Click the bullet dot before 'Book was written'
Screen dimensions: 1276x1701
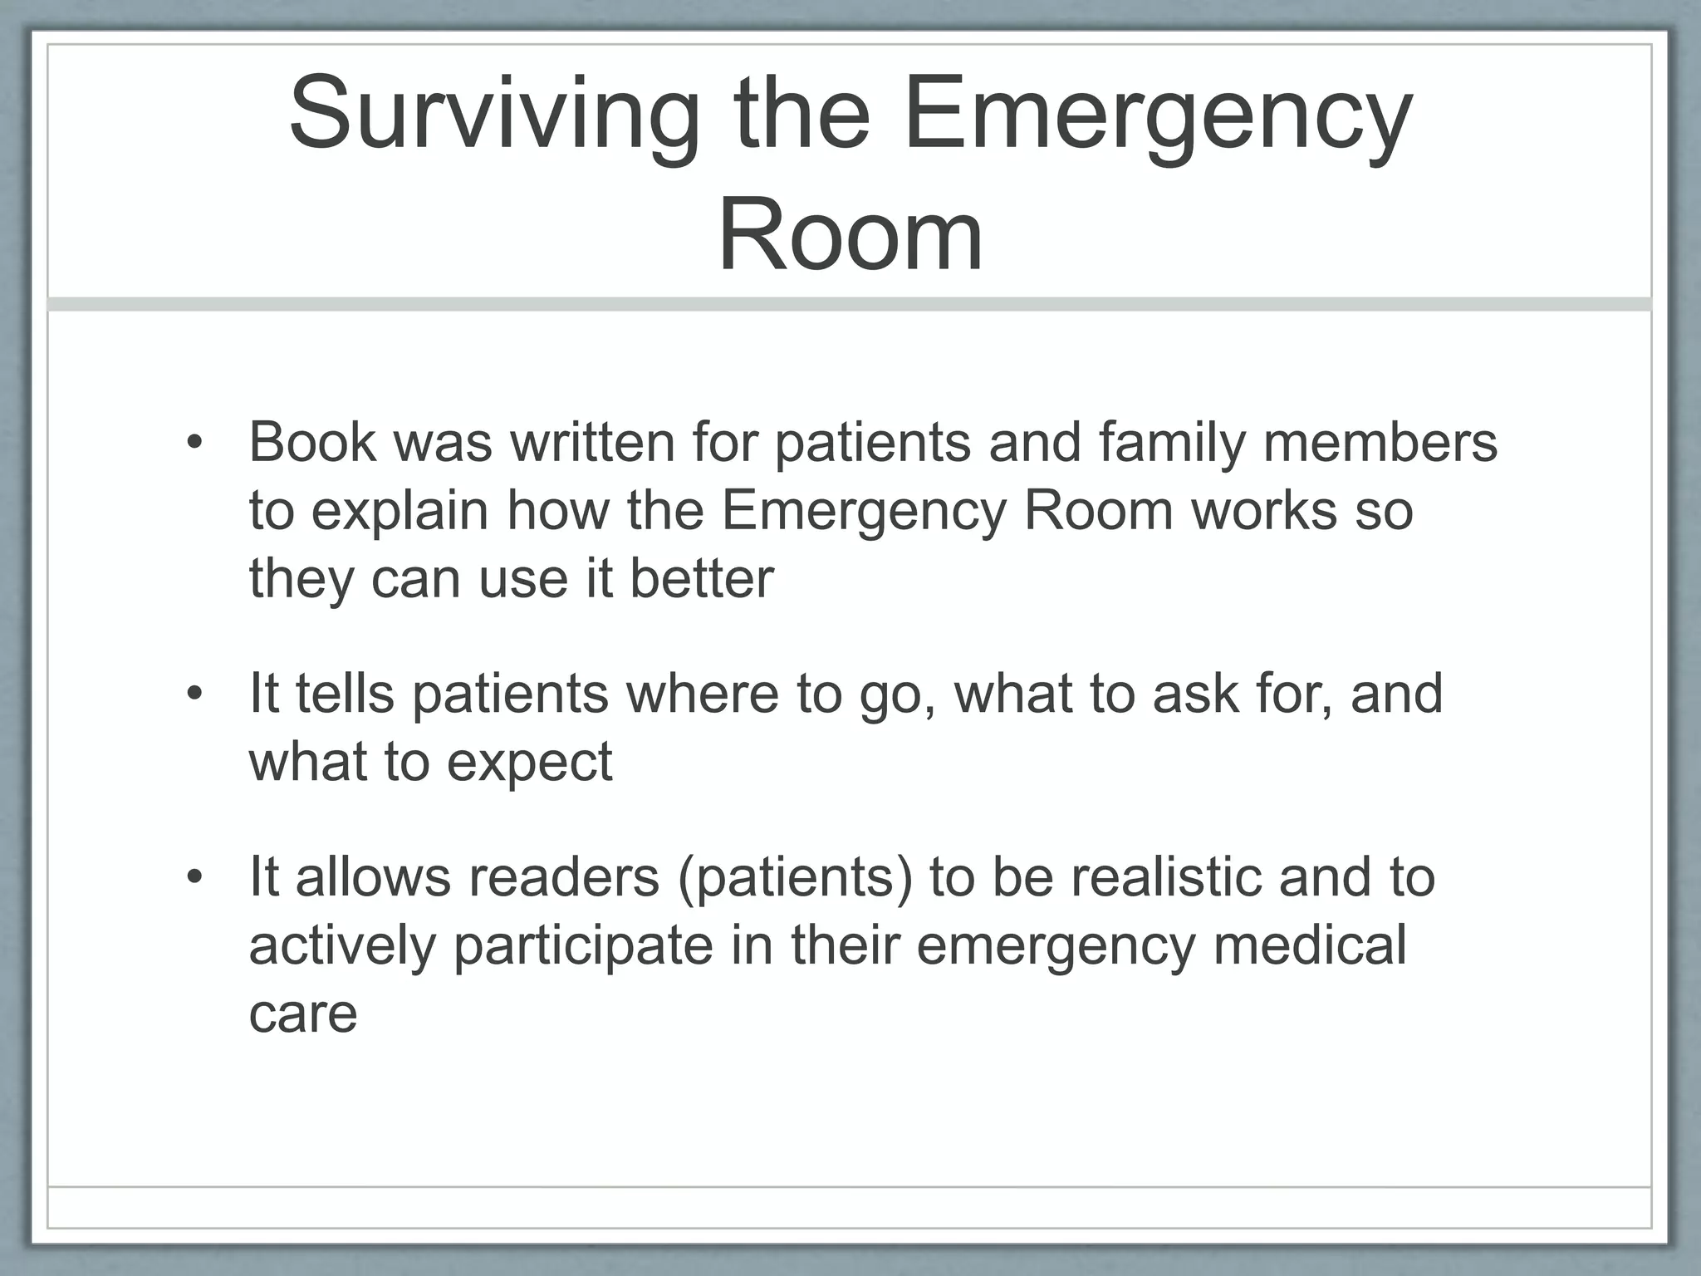[x=194, y=442]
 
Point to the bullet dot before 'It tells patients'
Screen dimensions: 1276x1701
[x=194, y=694]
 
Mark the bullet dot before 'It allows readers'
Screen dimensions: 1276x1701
[x=194, y=878]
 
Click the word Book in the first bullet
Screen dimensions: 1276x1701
[x=312, y=442]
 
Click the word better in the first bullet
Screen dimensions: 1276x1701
[x=702, y=578]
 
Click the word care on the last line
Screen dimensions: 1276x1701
[x=303, y=1014]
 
